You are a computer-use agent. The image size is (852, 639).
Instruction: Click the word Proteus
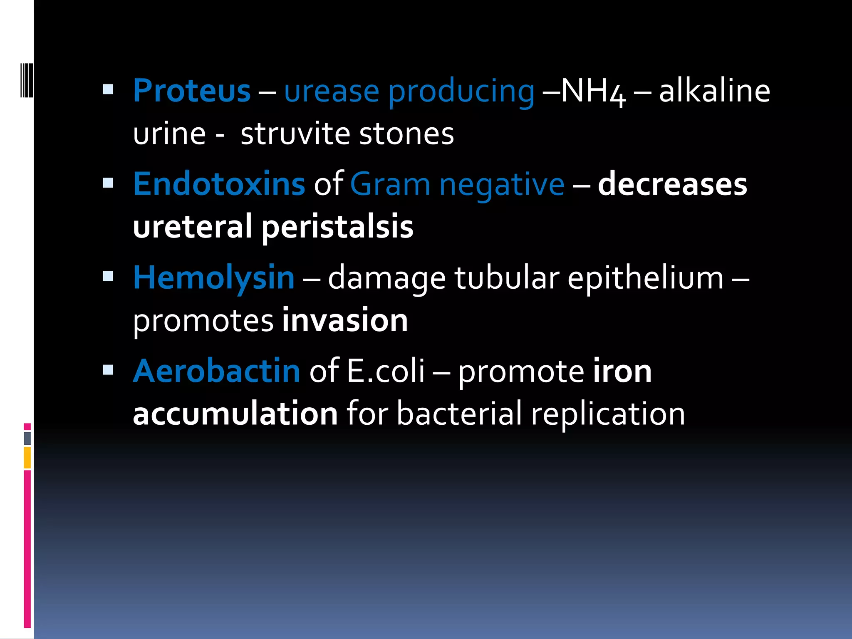click(192, 91)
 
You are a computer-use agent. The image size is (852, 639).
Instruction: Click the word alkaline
click(714, 91)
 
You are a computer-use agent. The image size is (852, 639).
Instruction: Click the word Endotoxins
click(219, 184)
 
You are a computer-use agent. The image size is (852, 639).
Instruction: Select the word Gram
click(390, 184)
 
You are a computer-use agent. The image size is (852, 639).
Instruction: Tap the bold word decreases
click(672, 184)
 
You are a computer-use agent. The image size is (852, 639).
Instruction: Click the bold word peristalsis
click(337, 227)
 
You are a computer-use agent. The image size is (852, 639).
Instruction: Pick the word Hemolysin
click(214, 277)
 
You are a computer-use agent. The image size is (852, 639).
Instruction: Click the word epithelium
click(645, 277)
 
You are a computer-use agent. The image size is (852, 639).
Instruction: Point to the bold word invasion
click(345, 320)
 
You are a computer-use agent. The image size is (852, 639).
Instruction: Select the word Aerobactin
click(216, 371)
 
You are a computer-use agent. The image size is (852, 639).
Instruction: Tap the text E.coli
click(386, 371)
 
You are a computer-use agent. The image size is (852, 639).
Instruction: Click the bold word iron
click(622, 371)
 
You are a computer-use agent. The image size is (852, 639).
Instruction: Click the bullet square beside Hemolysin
click(108, 276)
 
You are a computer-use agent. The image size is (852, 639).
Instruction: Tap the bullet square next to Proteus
click(108, 89)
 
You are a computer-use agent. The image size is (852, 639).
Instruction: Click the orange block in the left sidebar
click(27, 458)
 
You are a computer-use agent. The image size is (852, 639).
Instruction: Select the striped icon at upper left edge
click(27, 80)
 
